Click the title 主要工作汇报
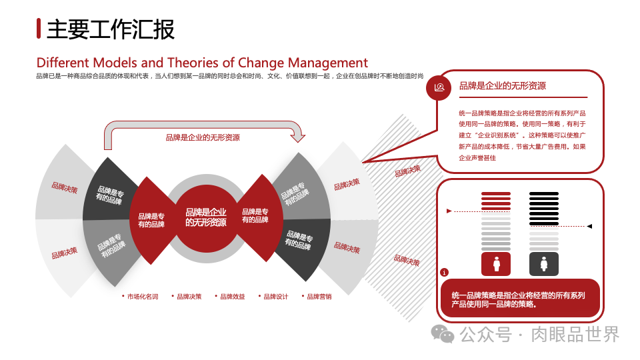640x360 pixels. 111,29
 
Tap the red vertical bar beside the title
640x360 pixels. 39,29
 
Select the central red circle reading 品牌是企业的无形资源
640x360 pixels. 205,217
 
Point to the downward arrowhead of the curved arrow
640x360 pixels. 298,137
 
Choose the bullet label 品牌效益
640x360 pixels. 232,297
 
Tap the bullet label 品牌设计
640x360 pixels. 275,297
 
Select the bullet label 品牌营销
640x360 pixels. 319,297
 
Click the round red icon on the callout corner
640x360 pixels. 439,87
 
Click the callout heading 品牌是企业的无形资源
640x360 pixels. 503,86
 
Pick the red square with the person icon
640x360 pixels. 496,264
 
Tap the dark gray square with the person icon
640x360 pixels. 544,264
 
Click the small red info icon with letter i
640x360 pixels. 445,272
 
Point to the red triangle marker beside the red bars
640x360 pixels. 449,211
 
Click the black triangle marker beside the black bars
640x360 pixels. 589,226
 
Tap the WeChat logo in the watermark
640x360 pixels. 442,333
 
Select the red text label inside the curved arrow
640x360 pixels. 203,138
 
